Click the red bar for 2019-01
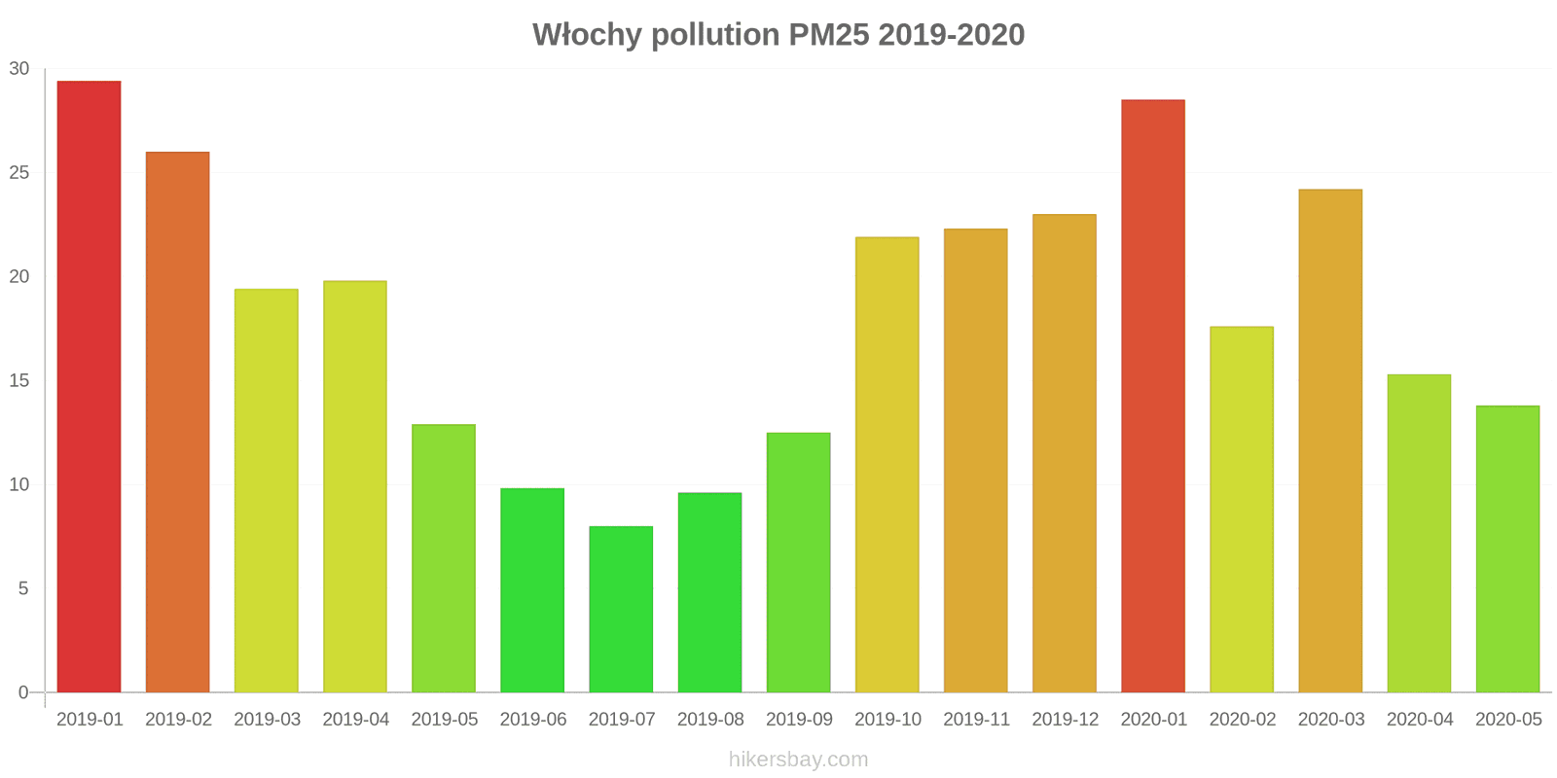[x=89, y=386]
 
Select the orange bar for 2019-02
[x=177, y=422]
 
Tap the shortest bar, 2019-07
[x=621, y=609]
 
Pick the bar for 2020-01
[x=1153, y=396]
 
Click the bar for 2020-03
[x=1330, y=441]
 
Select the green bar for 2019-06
[x=532, y=590]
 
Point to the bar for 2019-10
[x=887, y=465]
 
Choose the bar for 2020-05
[x=1507, y=548]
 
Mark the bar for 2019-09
[x=798, y=562]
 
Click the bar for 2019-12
[x=1065, y=453]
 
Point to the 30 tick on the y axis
[x=19, y=69]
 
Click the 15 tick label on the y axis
[x=19, y=381]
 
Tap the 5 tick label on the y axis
[x=23, y=589]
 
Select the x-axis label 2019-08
[x=710, y=720]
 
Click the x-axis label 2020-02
[x=1242, y=720]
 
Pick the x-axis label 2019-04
[x=355, y=720]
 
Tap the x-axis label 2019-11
[x=976, y=720]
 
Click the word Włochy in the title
[x=587, y=35]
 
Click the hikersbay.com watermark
[x=798, y=760]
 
